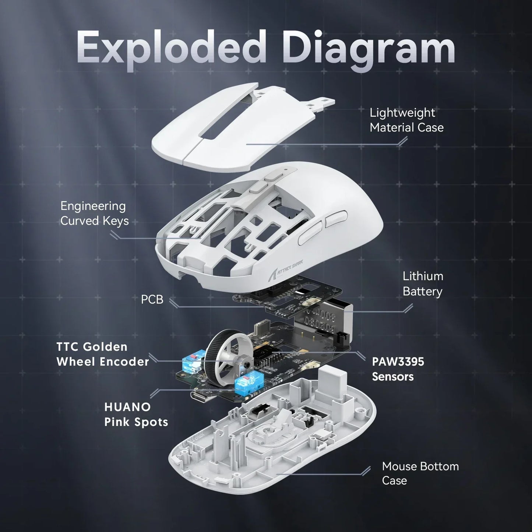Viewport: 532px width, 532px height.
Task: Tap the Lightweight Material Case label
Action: pyautogui.click(x=406, y=120)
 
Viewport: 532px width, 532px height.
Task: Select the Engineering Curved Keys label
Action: pyautogui.click(x=94, y=213)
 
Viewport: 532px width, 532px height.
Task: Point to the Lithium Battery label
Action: pyautogui.click(x=422, y=283)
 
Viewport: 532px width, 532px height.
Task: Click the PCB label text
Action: pyautogui.click(x=152, y=299)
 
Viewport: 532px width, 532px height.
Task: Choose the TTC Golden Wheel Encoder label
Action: pyautogui.click(x=103, y=354)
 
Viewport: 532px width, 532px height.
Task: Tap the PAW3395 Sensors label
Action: pyautogui.click(x=398, y=369)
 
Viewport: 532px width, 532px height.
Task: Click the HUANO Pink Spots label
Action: pyautogui.click(x=136, y=414)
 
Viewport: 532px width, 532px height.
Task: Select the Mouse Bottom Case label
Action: pyautogui.click(x=420, y=473)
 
